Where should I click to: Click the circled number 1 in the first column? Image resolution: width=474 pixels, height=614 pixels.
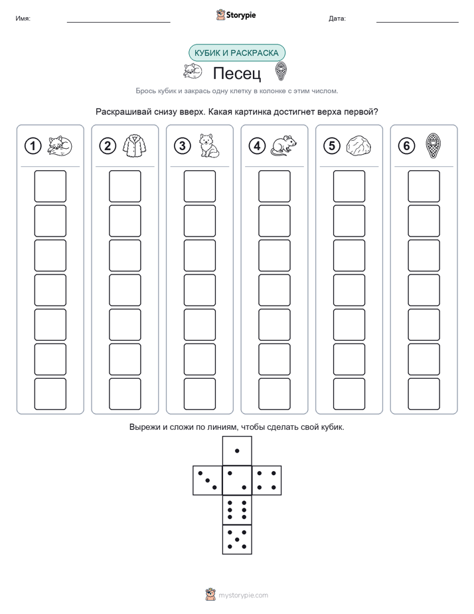pyautogui.click(x=33, y=146)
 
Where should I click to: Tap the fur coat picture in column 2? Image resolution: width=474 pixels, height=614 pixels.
pyautogui.click(x=134, y=146)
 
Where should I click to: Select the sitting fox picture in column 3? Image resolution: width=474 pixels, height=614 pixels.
pyautogui.click(x=209, y=146)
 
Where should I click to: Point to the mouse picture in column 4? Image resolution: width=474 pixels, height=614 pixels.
pyautogui.click(x=283, y=146)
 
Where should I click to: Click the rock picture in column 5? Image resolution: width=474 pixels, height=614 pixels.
pyautogui.click(x=358, y=146)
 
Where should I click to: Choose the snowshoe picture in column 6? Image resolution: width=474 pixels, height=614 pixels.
pyautogui.click(x=433, y=146)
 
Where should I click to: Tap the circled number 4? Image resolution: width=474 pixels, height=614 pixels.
pyautogui.click(x=257, y=146)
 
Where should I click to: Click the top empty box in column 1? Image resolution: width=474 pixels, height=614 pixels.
pyautogui.click(x=50, y=186)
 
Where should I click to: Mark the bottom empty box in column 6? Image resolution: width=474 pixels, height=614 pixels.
pyautogui.click(x=424, y=394)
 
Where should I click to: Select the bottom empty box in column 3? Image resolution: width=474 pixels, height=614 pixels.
pyautogui.click(x=200, y=394)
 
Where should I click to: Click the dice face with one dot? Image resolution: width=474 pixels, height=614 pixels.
pyautogui.click(x=237, y=451)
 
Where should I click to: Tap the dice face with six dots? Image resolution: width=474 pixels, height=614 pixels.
pyautogui.click(x=237, y=510)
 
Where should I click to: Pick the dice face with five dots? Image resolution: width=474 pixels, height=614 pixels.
pyautogui.click(x=237, y=540)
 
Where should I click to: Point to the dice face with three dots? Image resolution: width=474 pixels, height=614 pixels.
pyautogui.click(x=208, y=480)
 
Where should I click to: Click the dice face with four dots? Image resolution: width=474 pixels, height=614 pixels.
pyautogui.click(x=267, y=480)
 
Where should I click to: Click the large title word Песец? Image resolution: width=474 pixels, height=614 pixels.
pyautogui.click(x=237, y=73)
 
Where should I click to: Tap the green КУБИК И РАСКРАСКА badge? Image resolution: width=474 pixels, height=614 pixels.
pyautogui.click(x=237, y=53)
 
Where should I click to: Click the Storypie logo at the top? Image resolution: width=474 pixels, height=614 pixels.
pyautogui.click(x=236, y=15)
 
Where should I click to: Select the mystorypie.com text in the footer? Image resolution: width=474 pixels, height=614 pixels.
pyautogui.click(x=243, y=595)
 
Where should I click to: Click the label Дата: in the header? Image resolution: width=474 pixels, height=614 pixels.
pyautogui.click(x=337, y=19)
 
